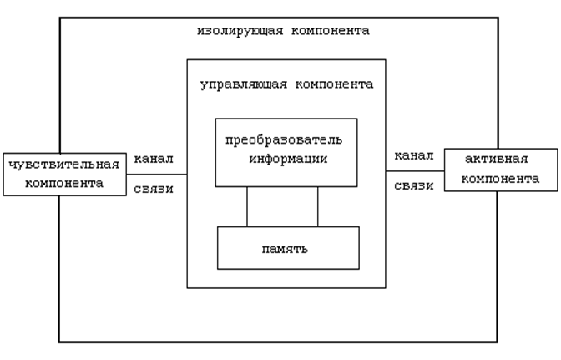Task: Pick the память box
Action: click(x=288, y=248)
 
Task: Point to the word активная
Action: click(x=498, y=160)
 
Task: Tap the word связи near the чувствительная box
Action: click(x=154, y=188)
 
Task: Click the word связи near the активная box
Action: click(x=413, y=186)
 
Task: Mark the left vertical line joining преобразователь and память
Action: click(x=247, y=206)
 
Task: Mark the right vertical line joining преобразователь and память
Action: click(x=318, y=206)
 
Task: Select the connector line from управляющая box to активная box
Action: click(x=415, y=171)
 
